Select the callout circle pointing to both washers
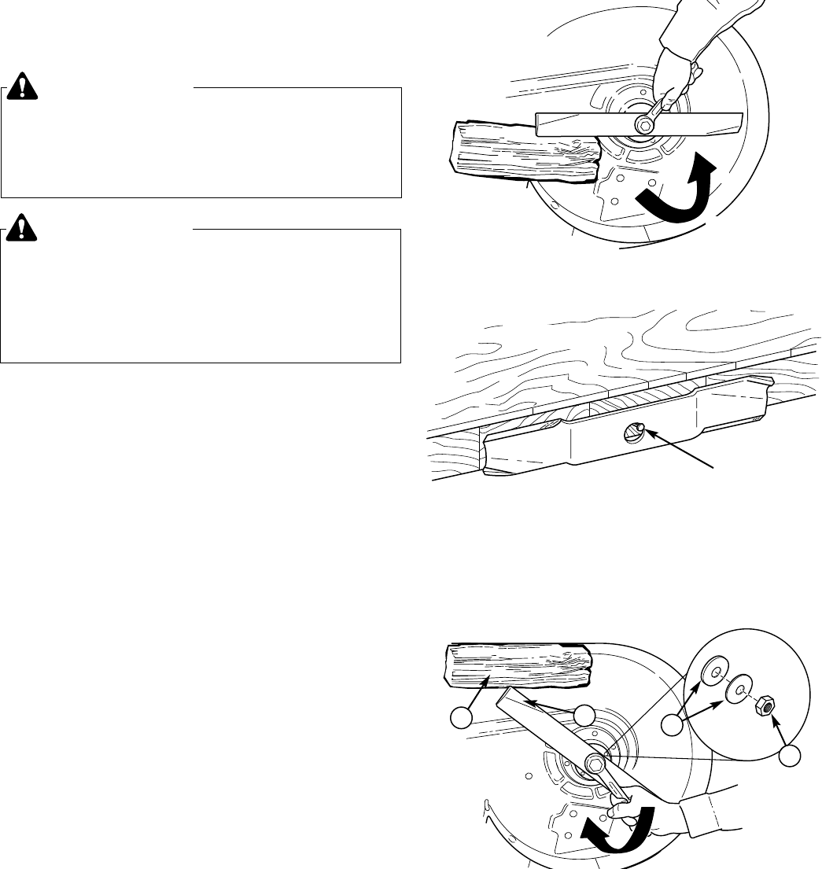click(673, 721)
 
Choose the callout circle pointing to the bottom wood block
click(461, 716)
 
